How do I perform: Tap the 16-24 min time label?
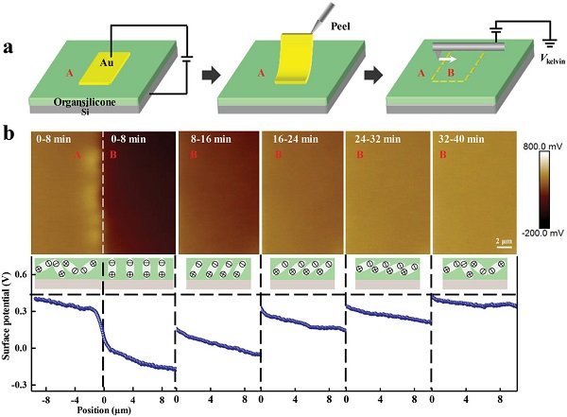[289, 138]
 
